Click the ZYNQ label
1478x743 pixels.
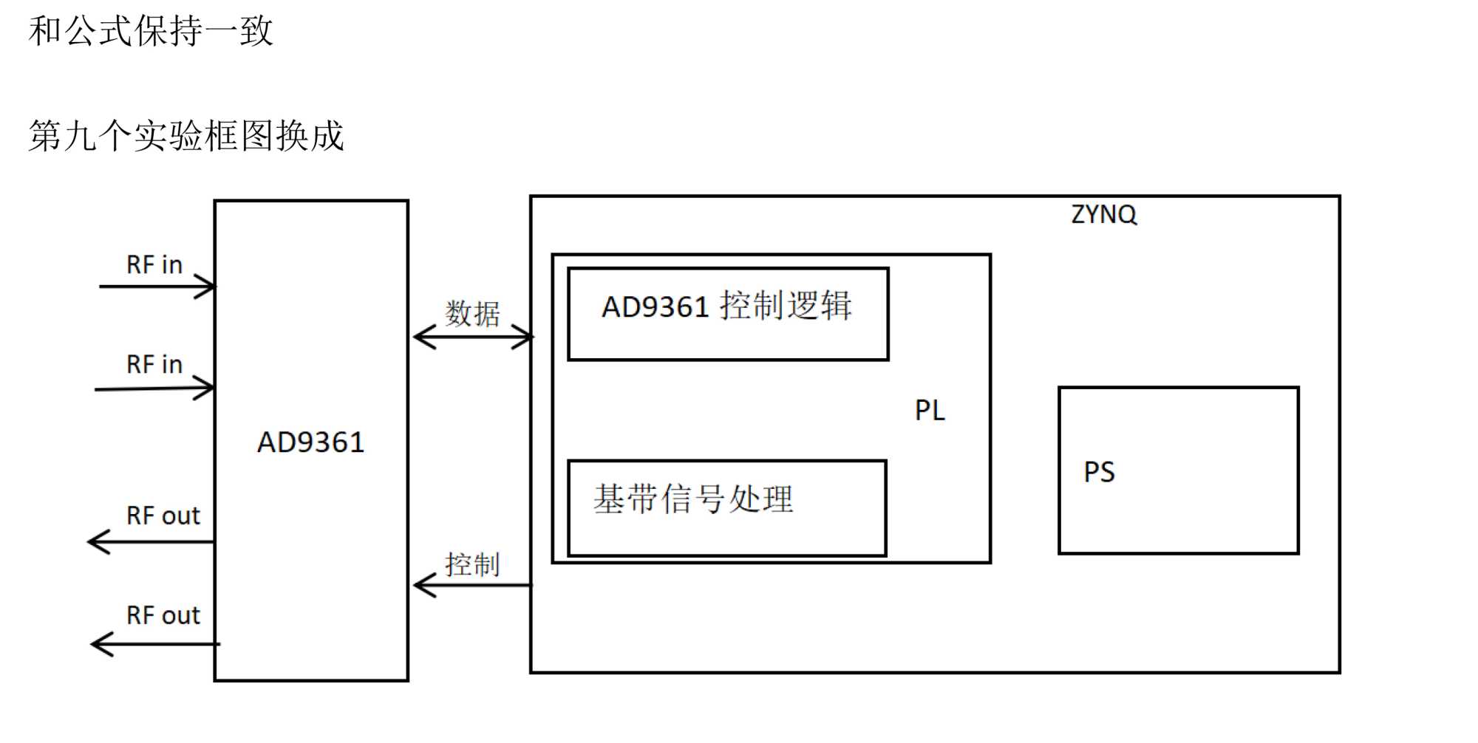point(1103,214)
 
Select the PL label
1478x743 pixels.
point(930,411)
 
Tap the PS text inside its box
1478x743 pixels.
point(1099,472)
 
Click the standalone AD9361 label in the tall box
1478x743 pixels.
point(310,442)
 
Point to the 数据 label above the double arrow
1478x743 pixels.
point(472,314)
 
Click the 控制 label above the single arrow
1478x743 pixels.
point(472,565)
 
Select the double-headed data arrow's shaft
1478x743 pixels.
point(473,338)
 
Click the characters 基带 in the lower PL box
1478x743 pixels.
point(627,499)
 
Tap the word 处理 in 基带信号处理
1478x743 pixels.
point(761,499)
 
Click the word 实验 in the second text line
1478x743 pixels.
point(168,136)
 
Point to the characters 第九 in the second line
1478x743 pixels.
point(63,136)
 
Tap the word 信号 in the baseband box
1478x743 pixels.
point(694,499)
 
